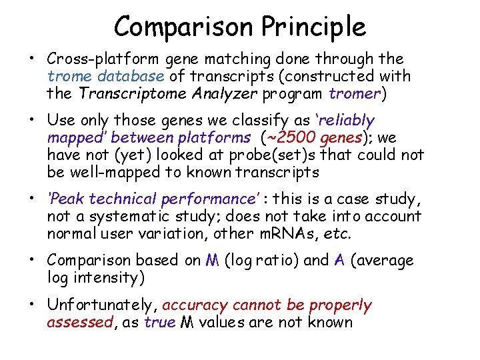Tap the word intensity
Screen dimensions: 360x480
tap(107, 278)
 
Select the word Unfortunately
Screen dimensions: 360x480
tap(103, 305)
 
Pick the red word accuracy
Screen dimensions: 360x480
tap(194, 305)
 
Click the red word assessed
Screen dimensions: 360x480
tap(80, 323)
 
